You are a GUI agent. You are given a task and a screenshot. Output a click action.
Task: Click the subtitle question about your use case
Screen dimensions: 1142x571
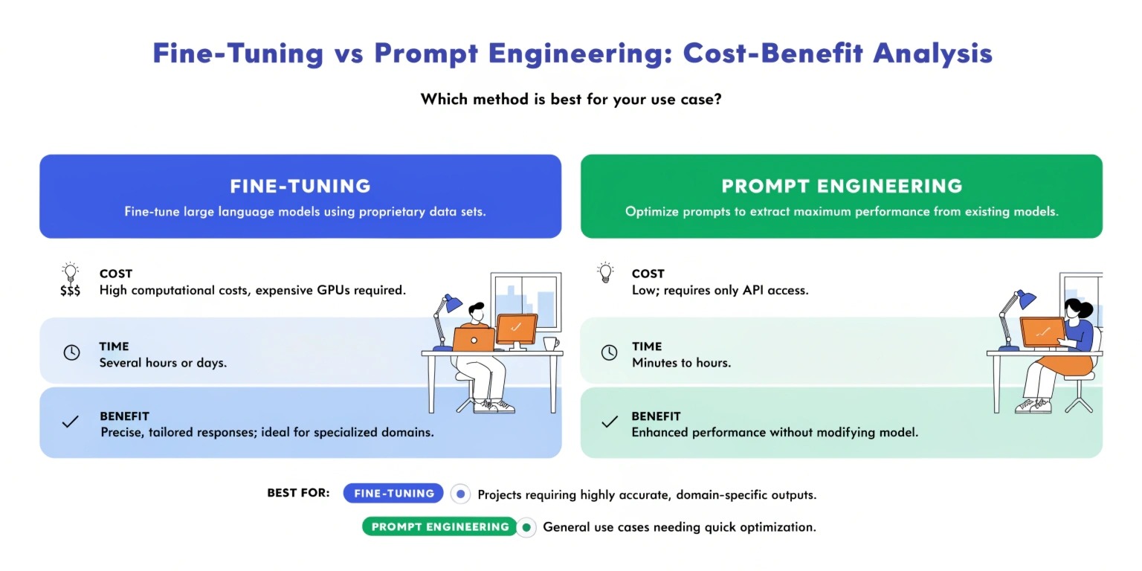pos(571,99)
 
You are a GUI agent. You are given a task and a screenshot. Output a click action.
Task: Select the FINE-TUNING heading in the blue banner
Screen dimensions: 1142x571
pos(300,186)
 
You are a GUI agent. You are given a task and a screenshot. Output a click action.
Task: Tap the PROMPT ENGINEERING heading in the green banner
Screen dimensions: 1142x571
pos(842,186)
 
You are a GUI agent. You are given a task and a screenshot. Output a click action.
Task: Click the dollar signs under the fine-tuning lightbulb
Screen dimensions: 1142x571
pos(71,291)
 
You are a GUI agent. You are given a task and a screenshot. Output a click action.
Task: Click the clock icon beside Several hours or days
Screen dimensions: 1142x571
pos(71,352)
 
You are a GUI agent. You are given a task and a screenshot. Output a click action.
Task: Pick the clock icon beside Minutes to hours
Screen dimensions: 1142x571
pos(609,352)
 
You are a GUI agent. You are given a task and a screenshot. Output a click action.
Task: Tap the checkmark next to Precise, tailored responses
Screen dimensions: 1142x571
pos(71,422)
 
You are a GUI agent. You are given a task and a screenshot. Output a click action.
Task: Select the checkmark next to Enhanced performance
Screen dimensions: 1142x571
pos(610,422)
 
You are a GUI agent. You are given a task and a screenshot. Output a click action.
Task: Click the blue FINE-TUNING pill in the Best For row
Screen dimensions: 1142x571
pos(393,493)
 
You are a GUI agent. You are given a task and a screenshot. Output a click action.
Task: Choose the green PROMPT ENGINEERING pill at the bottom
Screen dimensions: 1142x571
pos(440,526)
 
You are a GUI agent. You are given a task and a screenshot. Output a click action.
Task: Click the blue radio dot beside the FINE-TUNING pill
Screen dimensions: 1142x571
pos(460,494)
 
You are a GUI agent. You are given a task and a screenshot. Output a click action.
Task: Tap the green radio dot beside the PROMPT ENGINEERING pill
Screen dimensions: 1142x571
pos(526,527)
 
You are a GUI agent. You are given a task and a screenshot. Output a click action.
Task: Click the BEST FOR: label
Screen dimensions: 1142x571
pos(298,493)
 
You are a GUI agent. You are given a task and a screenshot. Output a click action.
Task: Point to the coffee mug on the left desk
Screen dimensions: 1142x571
pos(551,343)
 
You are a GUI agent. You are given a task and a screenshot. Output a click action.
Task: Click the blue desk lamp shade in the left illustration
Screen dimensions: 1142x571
pos(452,303)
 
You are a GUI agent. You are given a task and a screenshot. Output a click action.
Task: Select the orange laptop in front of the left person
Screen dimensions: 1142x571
pos(474,340)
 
